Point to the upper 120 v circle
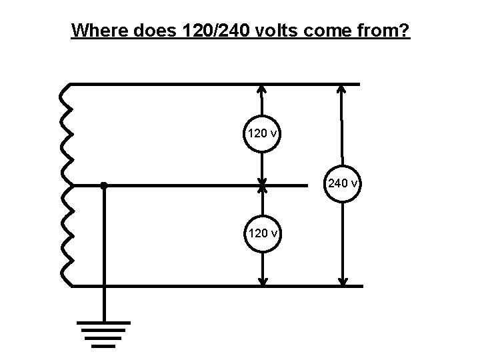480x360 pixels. (x=262, y=133)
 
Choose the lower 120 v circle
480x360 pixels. (x=263, y=233)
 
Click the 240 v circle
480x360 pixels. (x=342, y=183)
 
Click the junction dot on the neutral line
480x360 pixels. (x=104, y=185)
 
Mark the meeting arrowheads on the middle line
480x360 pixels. (x=262, y=185)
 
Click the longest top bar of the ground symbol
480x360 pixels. (x=104, y=323)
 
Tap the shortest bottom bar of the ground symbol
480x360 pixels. (x=104, y=346)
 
